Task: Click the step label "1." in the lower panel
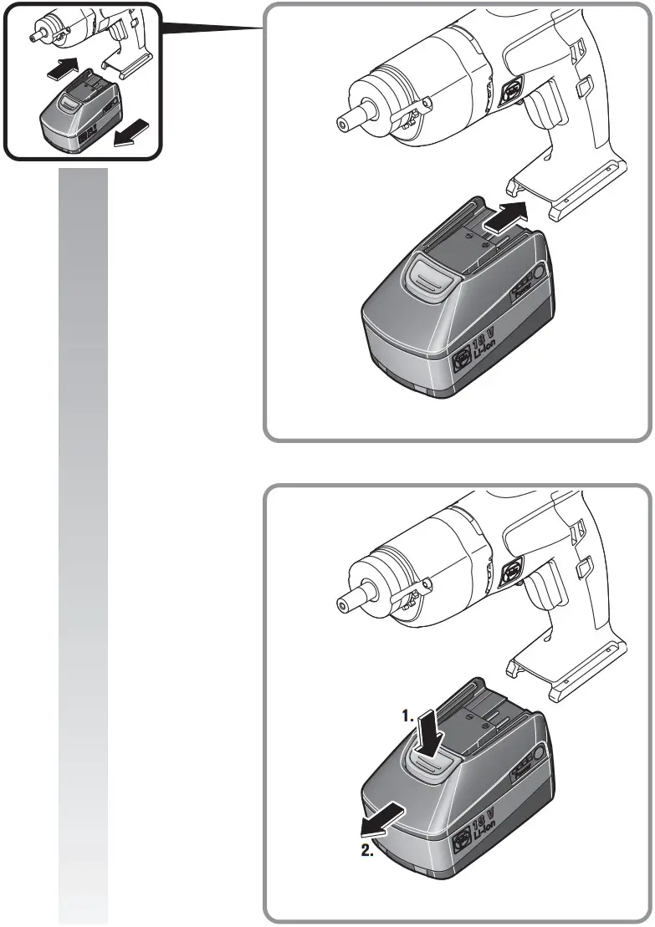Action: pyautogui.click(x=407, y=716)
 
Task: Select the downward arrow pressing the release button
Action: pyautogui.click(x=431, y=731)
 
